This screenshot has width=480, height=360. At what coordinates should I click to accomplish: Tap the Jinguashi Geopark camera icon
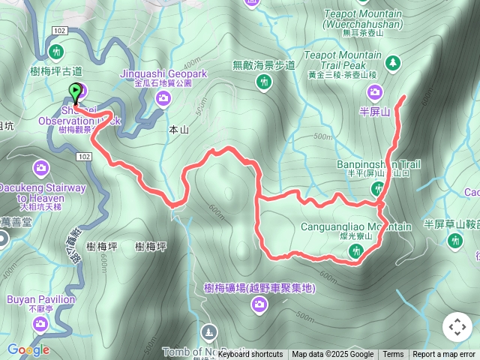pos(163,97)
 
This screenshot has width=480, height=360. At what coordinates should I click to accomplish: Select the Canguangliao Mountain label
pos(367,226)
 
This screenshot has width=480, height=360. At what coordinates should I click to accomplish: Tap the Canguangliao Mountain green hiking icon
pos(354,254)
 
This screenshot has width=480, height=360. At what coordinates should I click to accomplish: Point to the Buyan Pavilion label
pos(41,299)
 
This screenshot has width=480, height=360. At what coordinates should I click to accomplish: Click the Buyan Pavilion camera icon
pos(41,323)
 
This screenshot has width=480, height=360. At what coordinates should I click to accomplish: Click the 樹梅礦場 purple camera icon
pos(259,304)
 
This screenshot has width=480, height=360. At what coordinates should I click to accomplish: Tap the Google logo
pos(28,349)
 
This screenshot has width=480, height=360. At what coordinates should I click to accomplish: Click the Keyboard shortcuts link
pos(250,355)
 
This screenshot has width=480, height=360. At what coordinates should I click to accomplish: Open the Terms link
pos(393,355)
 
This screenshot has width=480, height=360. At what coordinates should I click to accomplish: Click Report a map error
pos(444,355)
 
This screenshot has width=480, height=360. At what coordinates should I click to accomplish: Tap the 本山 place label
pos(178,130)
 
